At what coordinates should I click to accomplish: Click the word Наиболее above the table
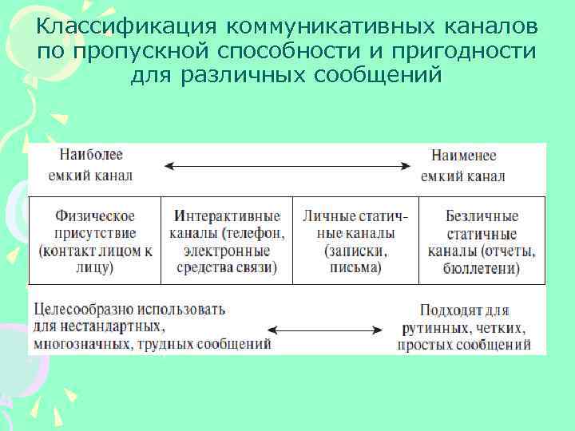(90, 154)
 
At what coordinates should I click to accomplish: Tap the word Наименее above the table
(462, 155)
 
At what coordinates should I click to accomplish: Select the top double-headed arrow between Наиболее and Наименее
(287, 166)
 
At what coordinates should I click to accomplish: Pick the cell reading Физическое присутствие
(95, 241)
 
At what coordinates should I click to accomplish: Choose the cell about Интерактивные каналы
(227, 241)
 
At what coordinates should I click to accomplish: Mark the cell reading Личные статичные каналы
(355, 241)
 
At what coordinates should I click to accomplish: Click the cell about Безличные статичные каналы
(481, 241)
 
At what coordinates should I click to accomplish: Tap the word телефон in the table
(254, 233)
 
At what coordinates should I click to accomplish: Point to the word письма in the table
(355, 267)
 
